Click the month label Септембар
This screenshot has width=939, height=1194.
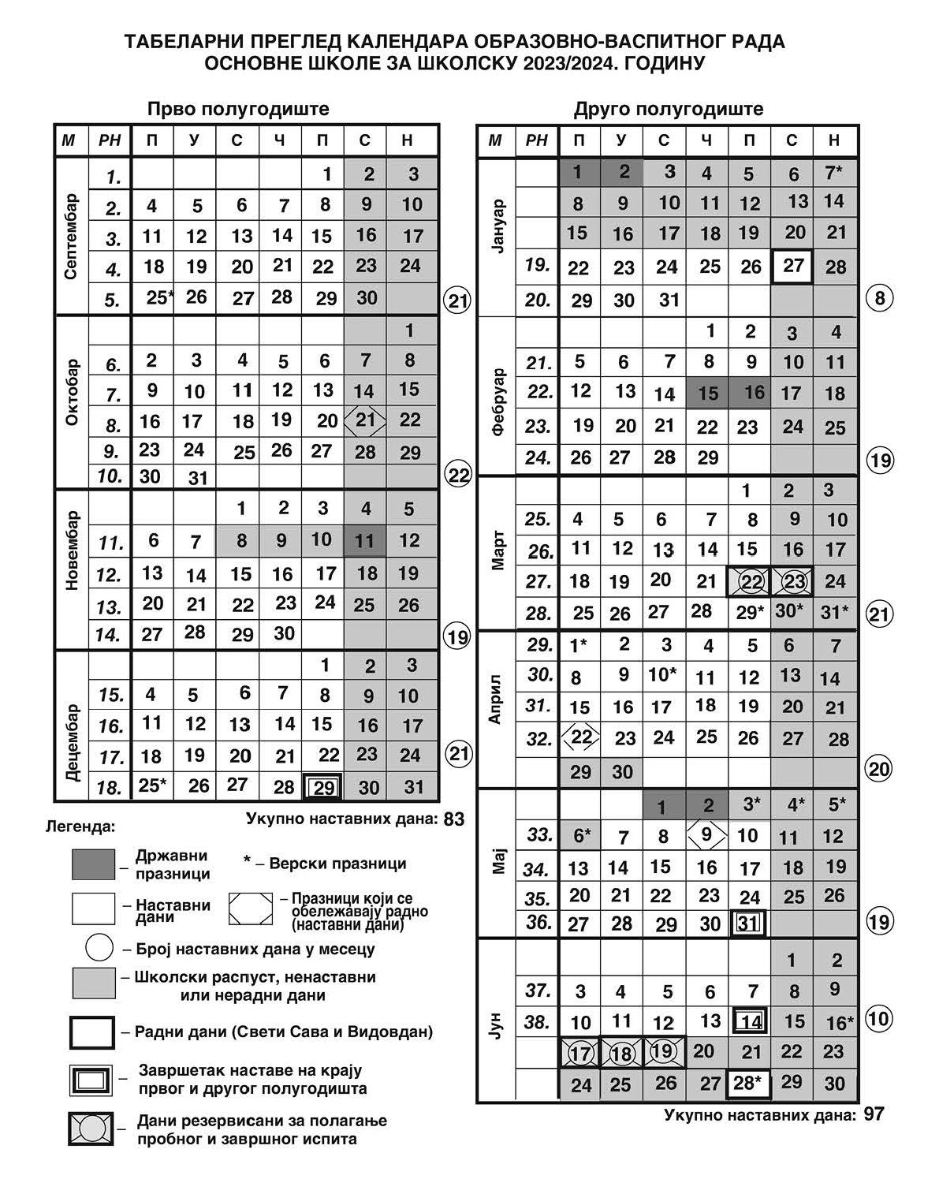click(71, 237)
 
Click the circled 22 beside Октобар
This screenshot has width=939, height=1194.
click(458, 476)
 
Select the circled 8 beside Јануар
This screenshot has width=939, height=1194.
click(880, 299)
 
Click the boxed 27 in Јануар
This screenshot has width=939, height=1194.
click(792, 265)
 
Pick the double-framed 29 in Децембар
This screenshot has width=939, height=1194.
click(323, 787)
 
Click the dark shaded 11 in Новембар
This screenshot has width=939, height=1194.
click(364, 541)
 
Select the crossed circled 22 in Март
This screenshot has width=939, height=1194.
click(751, 582)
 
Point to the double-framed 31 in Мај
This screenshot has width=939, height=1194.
click(749, 923)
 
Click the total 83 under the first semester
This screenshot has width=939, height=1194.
click(454, 819)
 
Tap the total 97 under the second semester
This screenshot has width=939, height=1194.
click(874, 1114)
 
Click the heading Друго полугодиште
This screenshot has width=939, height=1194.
click(668, 109)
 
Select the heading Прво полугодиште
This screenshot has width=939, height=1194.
click(238, 109)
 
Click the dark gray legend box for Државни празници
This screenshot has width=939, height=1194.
click(93, 864)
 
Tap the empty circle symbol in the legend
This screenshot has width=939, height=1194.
click(99, 947)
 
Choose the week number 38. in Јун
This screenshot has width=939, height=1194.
click(537, 1022)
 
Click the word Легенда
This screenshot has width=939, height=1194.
click(81, 827)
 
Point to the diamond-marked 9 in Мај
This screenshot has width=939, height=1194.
click(706, 834)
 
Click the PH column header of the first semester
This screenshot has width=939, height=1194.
click(110, 140)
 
